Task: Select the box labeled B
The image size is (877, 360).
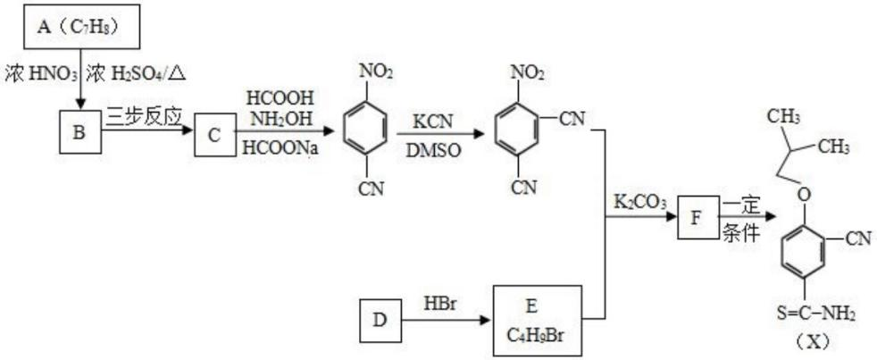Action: (79, 133)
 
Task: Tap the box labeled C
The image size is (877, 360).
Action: (214, 133)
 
